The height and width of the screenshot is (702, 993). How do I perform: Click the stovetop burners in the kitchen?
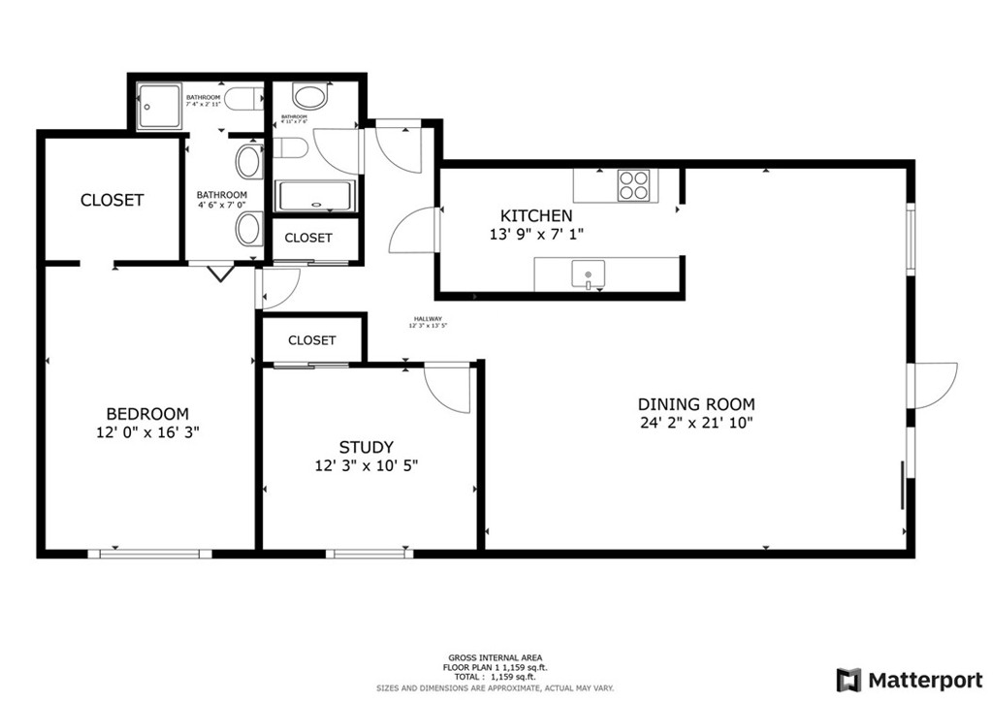[634, 184]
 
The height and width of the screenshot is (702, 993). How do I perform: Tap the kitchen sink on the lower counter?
[588, 274]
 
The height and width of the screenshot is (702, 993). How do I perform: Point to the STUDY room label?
[366, 447]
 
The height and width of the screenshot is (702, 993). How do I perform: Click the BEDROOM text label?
[147, 413]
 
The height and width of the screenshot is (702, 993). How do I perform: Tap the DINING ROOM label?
[695, 404]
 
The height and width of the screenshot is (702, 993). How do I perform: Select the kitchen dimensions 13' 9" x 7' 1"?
[535, 235]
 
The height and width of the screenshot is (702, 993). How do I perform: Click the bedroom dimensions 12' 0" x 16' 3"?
[147, 432]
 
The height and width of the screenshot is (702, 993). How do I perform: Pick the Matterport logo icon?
[849, 678]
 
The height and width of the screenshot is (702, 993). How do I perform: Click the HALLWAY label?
[428, 319]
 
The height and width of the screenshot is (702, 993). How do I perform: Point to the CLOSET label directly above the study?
[312, 340]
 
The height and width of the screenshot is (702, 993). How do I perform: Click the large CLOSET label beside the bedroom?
[112, 200]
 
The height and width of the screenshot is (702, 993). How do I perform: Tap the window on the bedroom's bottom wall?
[149, 554]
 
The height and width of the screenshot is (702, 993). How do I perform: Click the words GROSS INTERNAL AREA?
[496, 656]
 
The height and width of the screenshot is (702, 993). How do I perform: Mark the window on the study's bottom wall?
[368, 554]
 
